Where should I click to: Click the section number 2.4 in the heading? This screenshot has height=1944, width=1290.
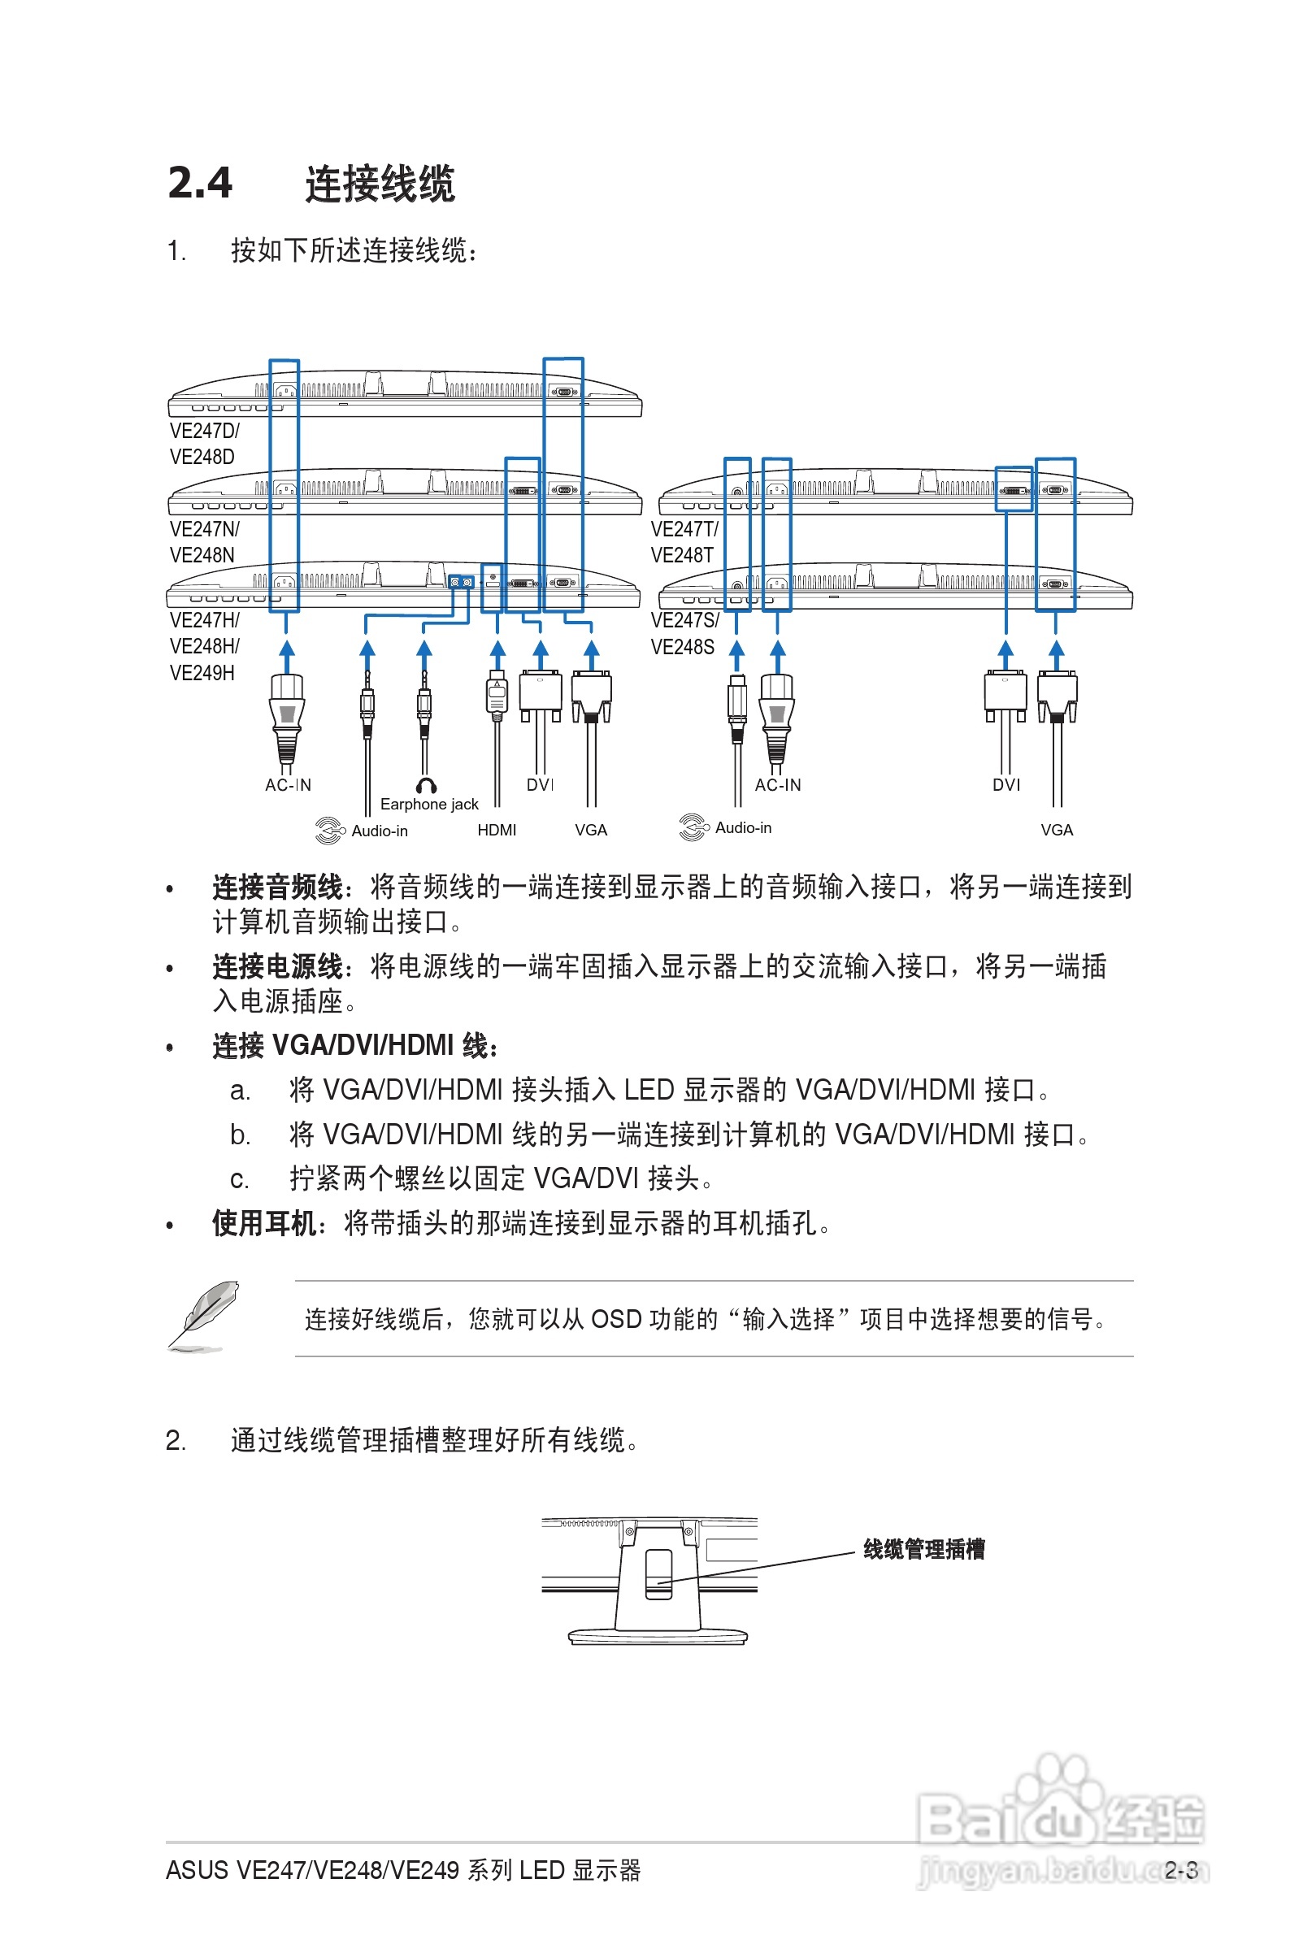tap(200, 183)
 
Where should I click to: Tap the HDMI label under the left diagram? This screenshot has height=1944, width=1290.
tap(497, 830)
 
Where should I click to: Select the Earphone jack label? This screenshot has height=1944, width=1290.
tap(428, 805)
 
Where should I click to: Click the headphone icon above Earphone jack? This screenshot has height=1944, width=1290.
tap(426, 785)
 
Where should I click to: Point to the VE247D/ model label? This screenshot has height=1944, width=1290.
tap(205, 431)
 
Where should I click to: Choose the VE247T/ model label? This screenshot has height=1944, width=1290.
tap(684, 529)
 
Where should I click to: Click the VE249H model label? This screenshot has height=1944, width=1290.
tap(202, 673)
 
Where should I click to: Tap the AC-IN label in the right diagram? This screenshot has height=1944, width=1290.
tap(777, 785)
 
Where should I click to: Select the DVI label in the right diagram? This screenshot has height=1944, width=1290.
tap(1006, 785)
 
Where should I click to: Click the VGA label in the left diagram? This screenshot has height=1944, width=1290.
tap(591, 830)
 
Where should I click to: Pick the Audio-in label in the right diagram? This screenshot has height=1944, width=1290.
tap(743, 827)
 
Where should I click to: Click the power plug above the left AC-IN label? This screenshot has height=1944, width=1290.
tap(286, 715)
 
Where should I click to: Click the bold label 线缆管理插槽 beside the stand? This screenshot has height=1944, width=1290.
tap(924, 1550)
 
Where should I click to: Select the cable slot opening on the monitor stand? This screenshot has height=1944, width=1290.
tap(658, 1573)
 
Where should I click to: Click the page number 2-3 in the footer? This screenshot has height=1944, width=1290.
tap(1180, 1871)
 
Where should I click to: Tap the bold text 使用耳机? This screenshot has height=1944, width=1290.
tap(263, 1224)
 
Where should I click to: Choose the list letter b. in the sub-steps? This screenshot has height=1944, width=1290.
tap(240, 1135)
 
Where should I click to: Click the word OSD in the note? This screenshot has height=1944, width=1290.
tap(615, 1319)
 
